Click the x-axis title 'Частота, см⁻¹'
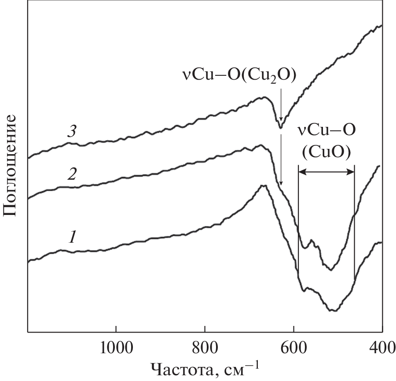(x=205, y=369)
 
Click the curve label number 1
(x=73, y=238)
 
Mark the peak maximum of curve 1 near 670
(x=264, y=186)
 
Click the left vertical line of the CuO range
(x=298, y=220)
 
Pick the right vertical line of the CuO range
(x=354, y=220)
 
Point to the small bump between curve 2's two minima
(x=312, y=240)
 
